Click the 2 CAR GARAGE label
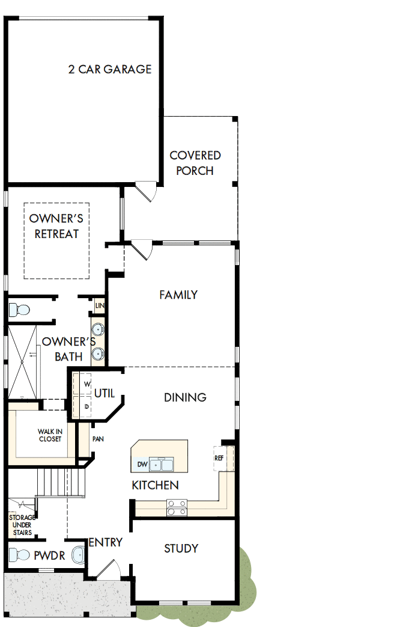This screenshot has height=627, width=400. [109, 69]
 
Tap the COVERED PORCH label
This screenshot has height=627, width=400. [195, 163]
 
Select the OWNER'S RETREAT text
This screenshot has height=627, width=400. [56, 227]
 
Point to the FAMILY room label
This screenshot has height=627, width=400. [178, 295]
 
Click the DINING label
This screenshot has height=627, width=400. [185, 397]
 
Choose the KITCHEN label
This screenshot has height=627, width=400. [155, 485]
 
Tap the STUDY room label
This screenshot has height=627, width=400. [181, 548]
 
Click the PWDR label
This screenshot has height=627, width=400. [49, 556]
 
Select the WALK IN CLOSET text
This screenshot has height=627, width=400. [50, 435]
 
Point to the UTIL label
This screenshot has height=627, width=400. [105, 393]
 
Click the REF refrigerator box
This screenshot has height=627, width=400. [219, 458]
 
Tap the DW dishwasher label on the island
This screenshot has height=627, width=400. [142, 464]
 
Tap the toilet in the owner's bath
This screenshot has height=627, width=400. [19, 310]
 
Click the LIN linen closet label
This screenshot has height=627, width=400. [100, 306]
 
